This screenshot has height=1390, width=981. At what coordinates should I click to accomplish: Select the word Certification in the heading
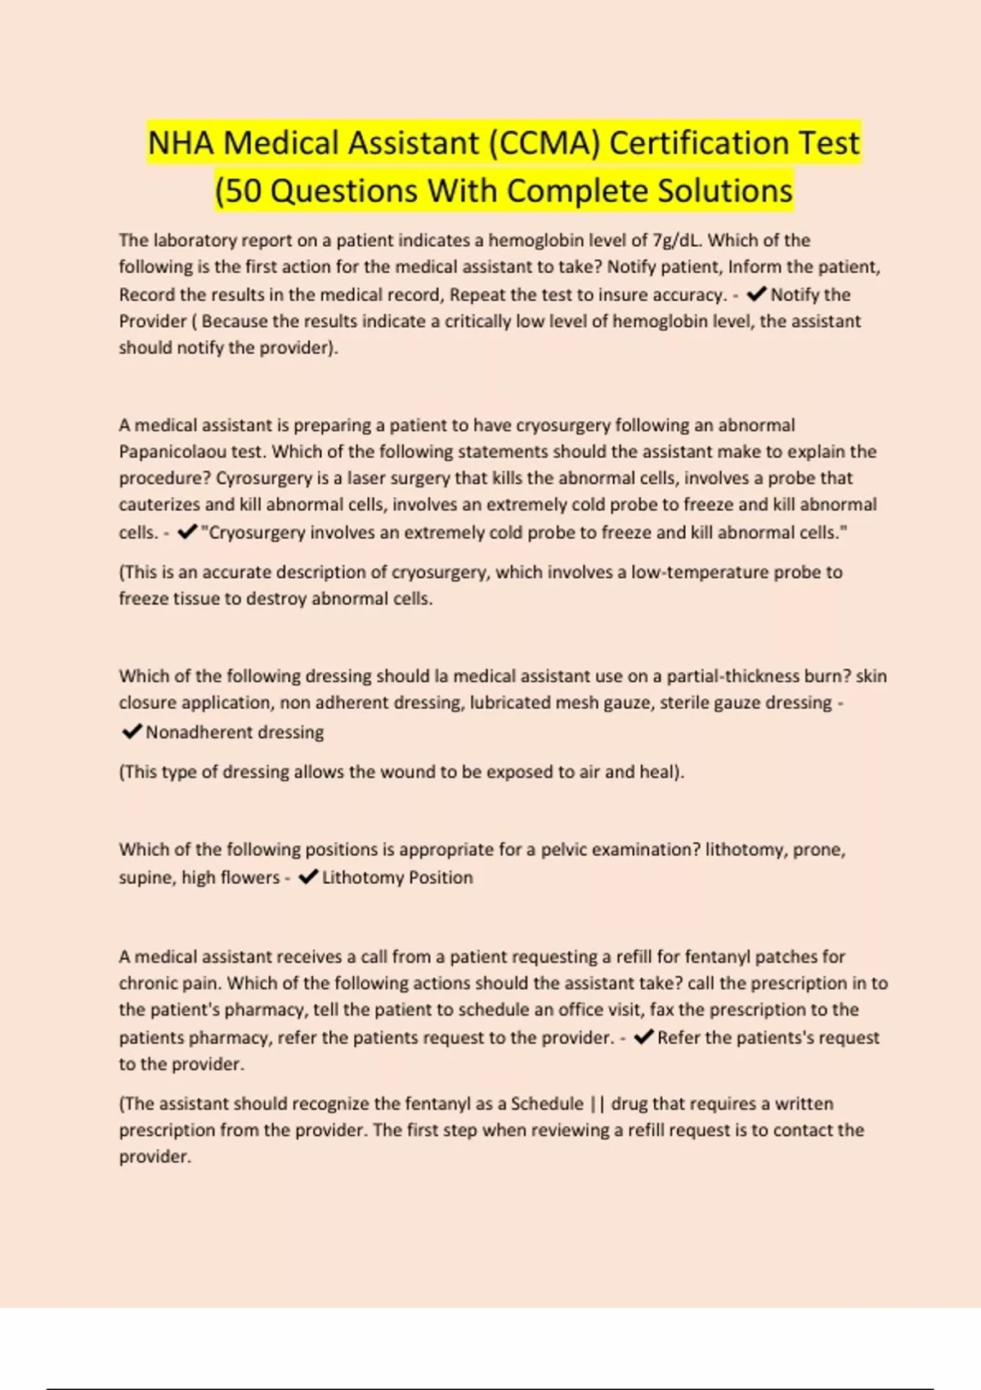point(700,143)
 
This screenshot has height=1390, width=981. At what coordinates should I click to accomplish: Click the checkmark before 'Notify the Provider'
point(756,294)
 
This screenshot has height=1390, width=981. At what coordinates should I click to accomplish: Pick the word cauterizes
point(159,504)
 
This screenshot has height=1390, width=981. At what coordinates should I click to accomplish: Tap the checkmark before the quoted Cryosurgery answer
point(187,532)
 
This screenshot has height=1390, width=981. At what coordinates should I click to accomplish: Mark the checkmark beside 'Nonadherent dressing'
point(131,732)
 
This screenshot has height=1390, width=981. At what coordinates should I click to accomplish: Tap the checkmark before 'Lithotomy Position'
point(308,877)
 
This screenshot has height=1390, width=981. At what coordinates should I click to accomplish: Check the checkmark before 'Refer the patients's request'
point(643,1038)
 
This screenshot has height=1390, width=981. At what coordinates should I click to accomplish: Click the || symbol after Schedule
point(597,1104)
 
